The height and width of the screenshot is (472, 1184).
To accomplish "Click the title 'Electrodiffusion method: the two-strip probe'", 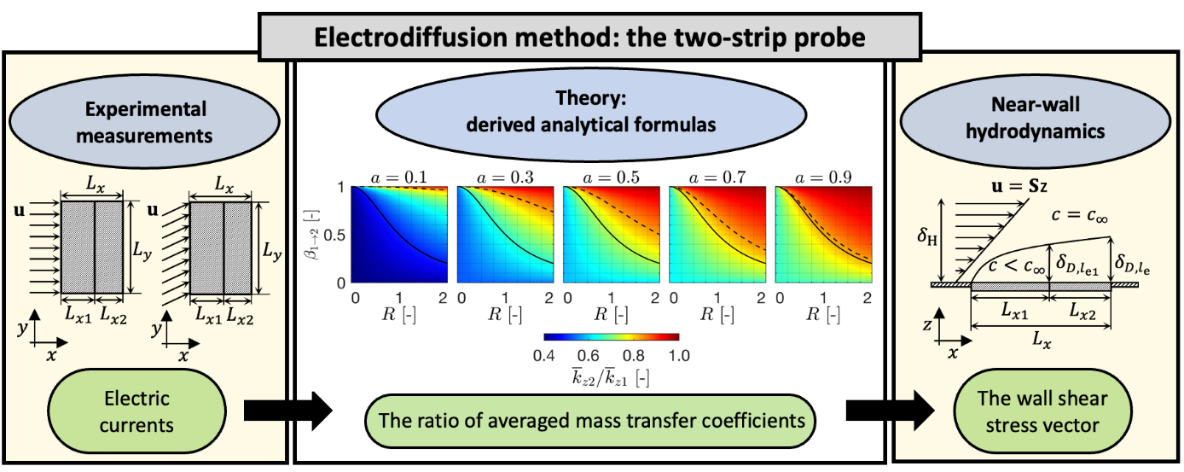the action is pos(589,37).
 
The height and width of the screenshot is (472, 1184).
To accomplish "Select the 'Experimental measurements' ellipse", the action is pos(144,122).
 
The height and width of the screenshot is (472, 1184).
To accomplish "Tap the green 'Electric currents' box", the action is pos(136,411).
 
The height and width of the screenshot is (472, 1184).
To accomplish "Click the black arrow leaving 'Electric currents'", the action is pos(288,411).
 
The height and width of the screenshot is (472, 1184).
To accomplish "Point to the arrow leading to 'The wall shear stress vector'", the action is pos(890,411).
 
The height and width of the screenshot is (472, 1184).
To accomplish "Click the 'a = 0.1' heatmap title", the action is pos(398,178).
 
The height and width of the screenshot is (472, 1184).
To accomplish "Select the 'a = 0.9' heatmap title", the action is pos(823,178).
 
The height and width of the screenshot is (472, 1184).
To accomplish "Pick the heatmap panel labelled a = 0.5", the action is pos(611,235).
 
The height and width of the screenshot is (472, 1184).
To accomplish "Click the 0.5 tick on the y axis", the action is pos(334,235).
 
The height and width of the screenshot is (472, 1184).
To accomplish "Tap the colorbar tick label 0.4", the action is pos(544,356).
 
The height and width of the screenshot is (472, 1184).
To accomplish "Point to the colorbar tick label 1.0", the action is pos(679,356).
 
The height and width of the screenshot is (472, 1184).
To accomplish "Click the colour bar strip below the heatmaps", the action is pos(612,336).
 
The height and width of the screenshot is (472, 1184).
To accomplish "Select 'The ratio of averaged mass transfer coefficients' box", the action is pos(590,421).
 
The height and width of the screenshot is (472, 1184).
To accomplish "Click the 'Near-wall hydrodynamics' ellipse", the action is pos(1035,119).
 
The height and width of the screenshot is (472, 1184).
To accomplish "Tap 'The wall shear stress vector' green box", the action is pos(1042,411).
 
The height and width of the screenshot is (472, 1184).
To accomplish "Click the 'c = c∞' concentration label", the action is pos(1079,215).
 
